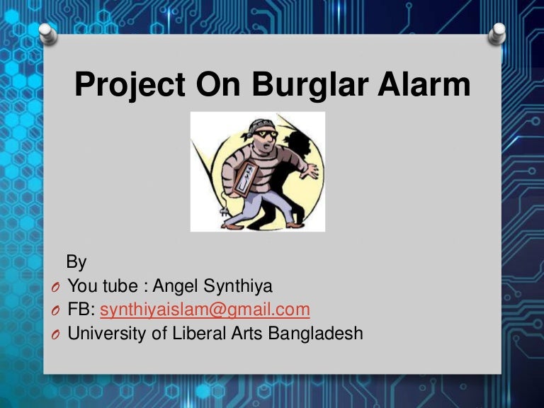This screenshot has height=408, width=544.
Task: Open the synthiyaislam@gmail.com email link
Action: tap(205, 310)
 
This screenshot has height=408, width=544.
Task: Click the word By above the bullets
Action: tap(76, 262)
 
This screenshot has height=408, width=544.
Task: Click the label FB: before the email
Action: tap(81, 310)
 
